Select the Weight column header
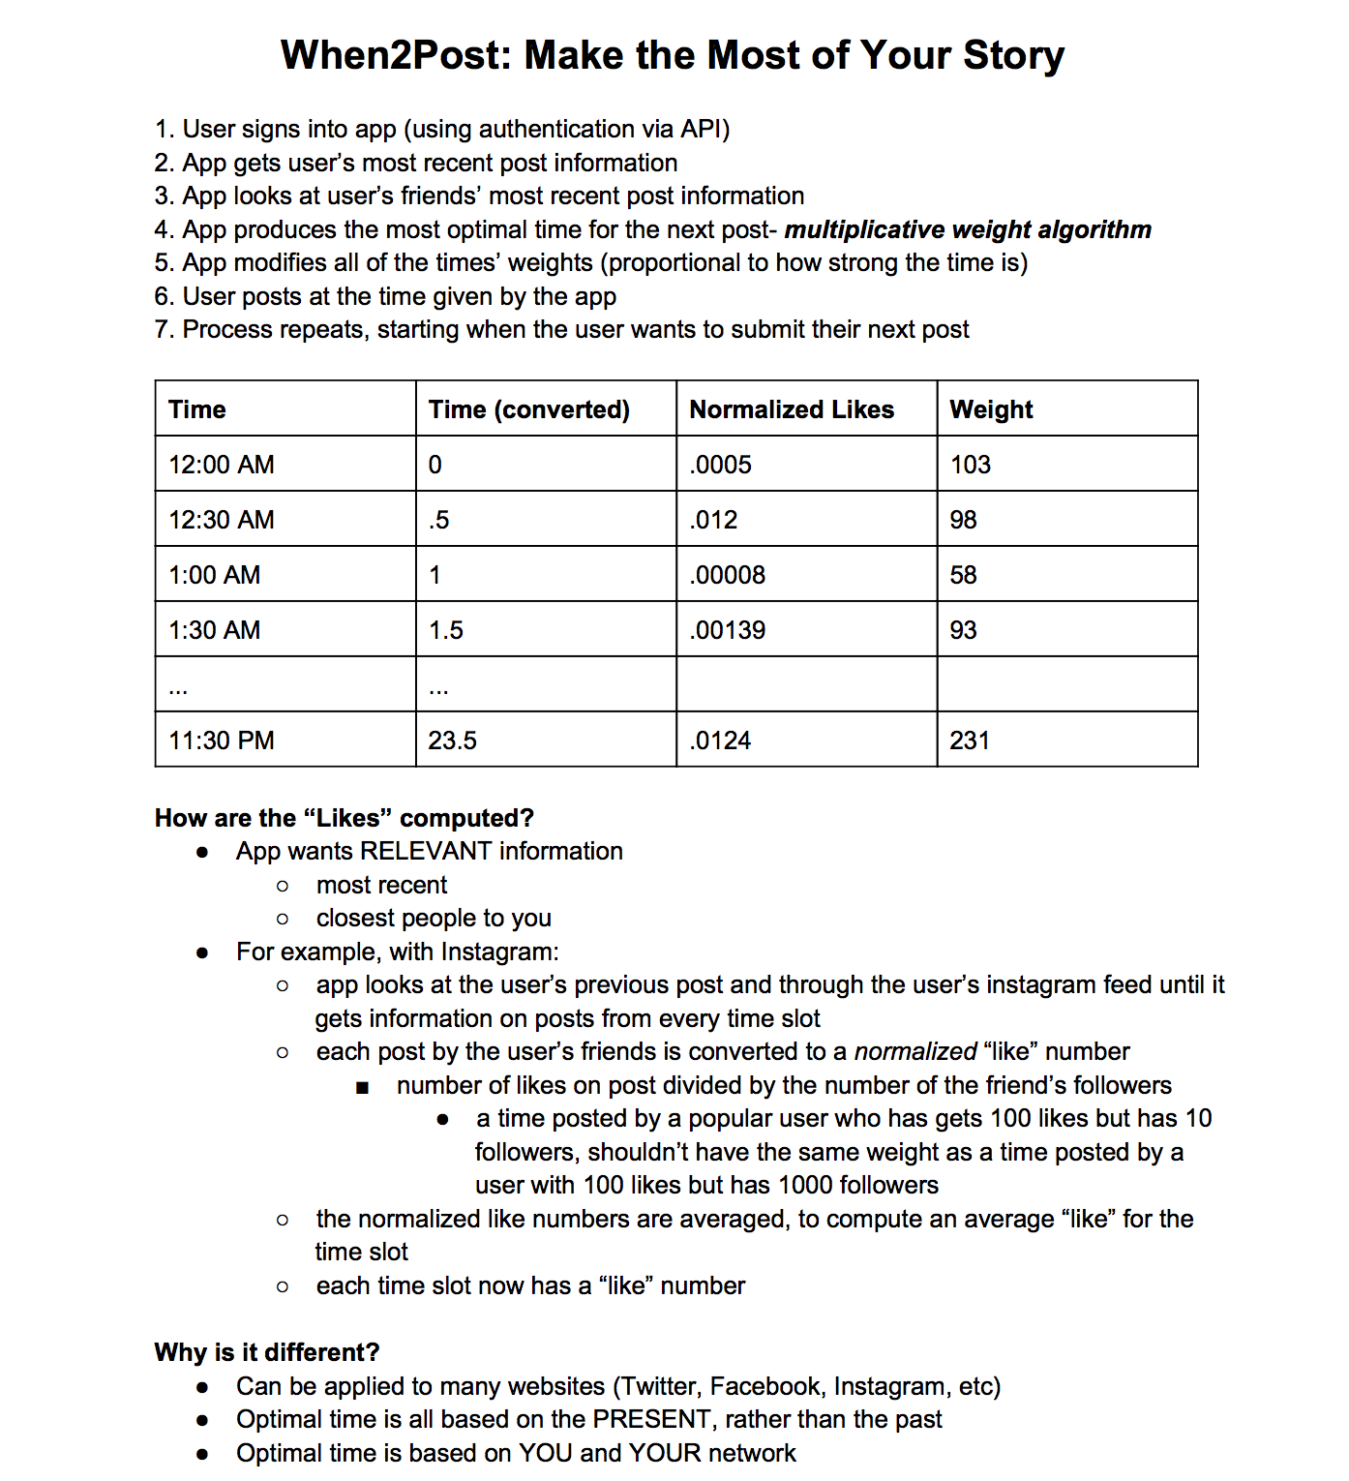coord(991,409)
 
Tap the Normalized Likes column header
coord(791,409)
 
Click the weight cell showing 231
coord(970,740)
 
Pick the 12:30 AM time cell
coord(222,520)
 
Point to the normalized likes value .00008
coord(727,575)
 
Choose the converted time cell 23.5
coord(453,740)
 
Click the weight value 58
coord(963,575)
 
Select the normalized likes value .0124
coord(720,740)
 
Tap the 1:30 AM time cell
coord(215,630)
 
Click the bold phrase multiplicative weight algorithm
coord(968,229)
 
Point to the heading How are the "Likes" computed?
coord(344,818)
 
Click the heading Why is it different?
coord(266,1352)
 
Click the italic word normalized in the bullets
coord(915,1051)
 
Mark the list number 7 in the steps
coord(163,330)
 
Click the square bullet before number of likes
coord(363,1087)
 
